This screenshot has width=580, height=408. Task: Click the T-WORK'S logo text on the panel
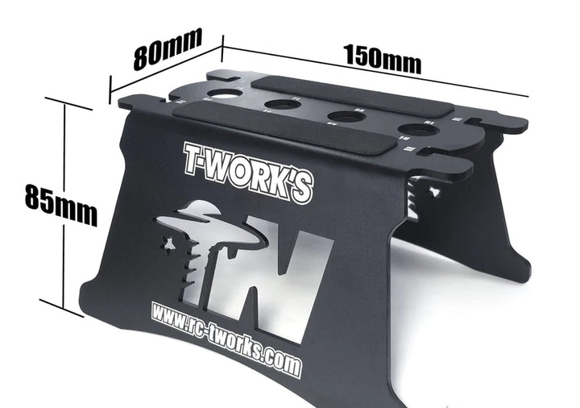(247, 172)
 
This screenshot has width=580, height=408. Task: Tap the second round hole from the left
(282, 104)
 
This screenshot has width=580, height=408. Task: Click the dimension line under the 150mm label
(375, 73)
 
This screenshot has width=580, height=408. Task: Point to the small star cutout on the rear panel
(437, 192)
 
